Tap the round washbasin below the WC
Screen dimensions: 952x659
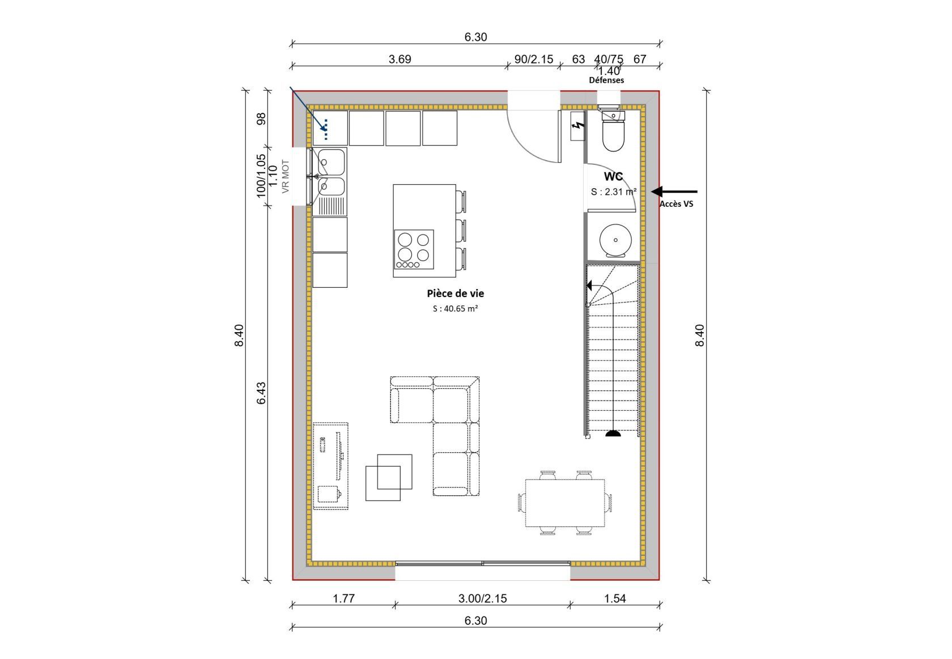[x=615, y=240]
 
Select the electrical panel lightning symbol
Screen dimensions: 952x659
[x=577, y=126]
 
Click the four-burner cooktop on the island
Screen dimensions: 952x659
[x=414, y=249]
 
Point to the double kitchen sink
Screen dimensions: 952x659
[x=330, y=181]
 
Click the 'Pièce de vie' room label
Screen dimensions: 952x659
[x=455, y=293]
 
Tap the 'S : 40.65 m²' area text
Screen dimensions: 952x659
[x=455, y=309]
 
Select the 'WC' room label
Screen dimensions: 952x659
[x=613, y=176]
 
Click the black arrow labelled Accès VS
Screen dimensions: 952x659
[x=674, y=192]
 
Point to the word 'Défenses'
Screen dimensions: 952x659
[x=606, y=80]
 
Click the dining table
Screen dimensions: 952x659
[x=566, y=503]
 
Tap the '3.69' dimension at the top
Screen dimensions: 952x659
[x=400, y=59]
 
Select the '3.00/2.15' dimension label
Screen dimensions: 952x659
[x=482, y=598]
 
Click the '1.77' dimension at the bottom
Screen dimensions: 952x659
[x=343, y=598]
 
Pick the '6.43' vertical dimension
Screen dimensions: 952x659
[x=261, y=393]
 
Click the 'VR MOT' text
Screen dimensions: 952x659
[x=286, y=176]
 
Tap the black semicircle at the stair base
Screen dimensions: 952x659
[x=613, y=433]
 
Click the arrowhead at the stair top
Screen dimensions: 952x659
[x=589, y=286]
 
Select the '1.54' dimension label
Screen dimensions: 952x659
[x=615, y=598]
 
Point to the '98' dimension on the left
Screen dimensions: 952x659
[x=261, y=118]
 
